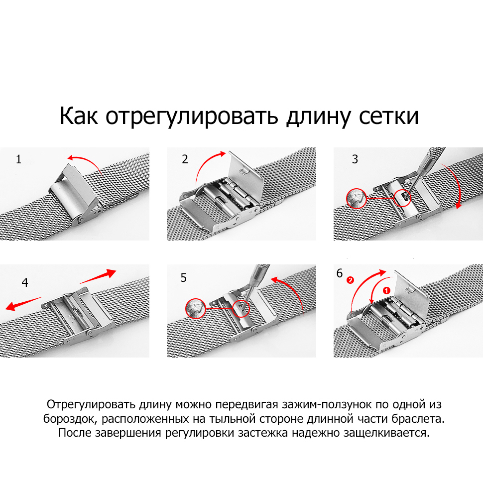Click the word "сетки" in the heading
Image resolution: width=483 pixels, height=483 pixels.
(389, 116)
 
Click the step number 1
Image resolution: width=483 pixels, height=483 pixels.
(19, 159)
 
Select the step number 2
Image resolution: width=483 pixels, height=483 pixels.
(185, 159)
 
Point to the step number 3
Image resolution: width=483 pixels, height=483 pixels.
(355, 159)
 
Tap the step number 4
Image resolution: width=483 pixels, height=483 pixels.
(25, 282)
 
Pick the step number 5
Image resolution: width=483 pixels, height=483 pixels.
(184, 278)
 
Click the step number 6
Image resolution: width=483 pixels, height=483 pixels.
(340, 273)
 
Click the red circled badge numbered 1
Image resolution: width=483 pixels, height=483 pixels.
(386, 290)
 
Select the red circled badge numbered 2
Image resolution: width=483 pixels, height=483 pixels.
(350, 280)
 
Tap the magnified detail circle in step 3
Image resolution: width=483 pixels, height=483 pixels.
(357, 198)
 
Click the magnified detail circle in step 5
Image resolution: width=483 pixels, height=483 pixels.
(196, 308)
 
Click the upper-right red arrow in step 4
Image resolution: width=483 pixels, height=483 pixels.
(98, 276)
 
